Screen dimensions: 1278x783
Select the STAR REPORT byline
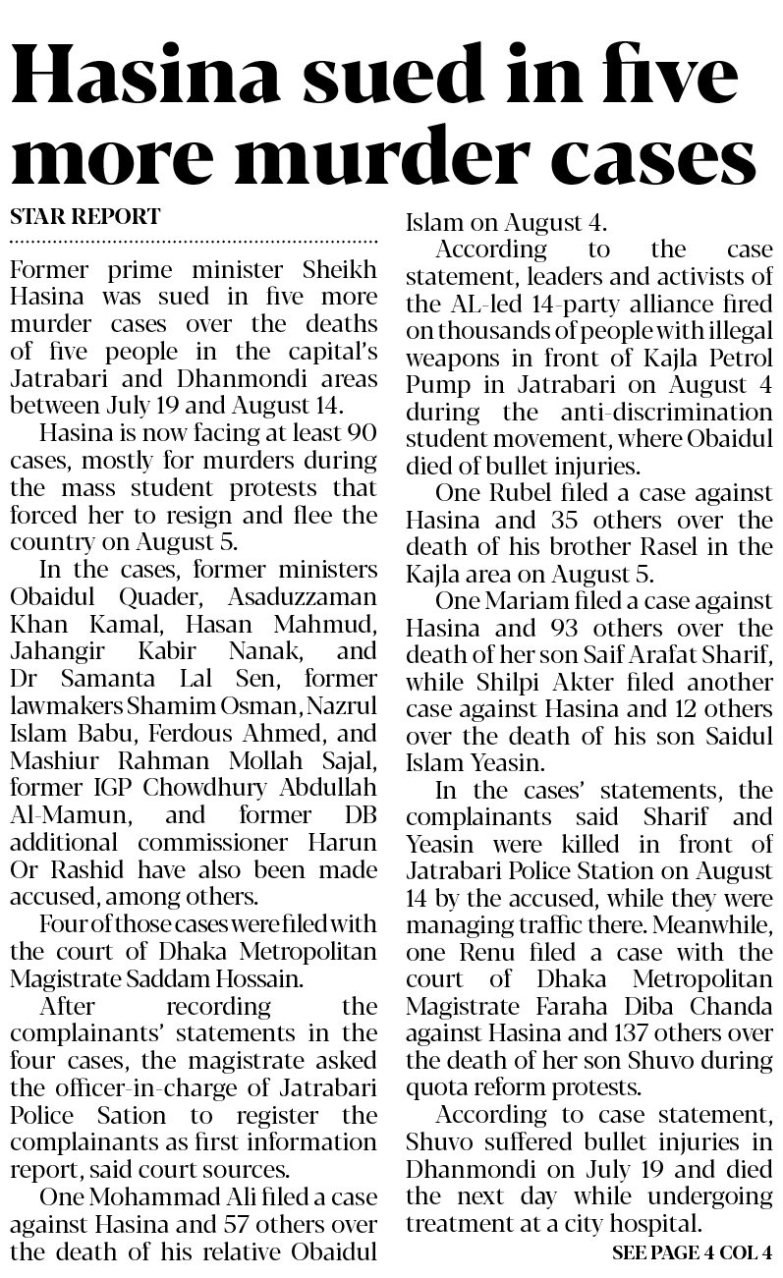point(84,216)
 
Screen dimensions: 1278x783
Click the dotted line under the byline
point(194,240)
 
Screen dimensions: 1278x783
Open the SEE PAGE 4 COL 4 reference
point(692,1253)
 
